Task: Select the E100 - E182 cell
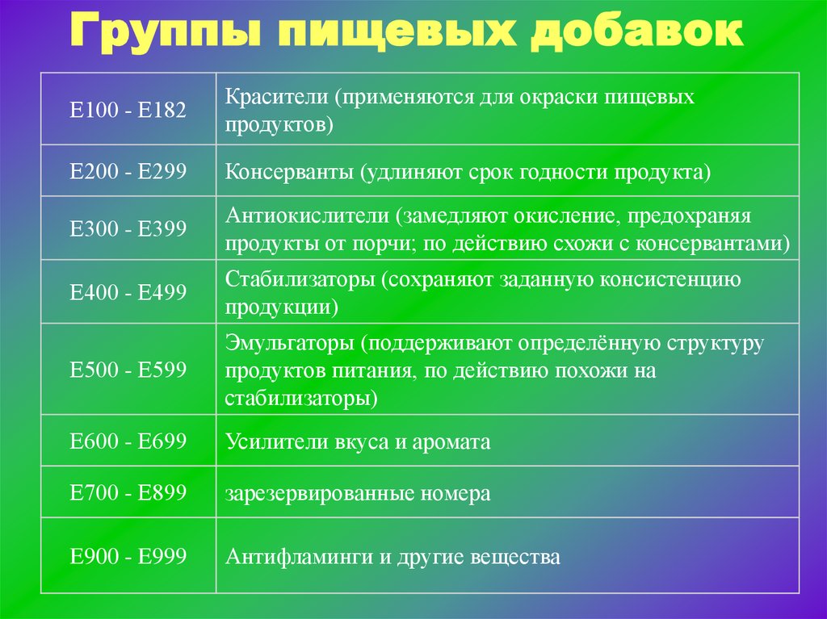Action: pos(128,110)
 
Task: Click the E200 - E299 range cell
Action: pos(128,171)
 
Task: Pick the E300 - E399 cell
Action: pos(128,228)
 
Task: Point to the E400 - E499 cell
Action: pos(128,292)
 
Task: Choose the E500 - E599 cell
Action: pos(128,369)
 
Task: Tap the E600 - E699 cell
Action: pos(128,441)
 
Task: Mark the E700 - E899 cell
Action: pos(128,492)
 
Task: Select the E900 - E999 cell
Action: pos(128,556)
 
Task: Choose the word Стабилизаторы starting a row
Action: pos(300,280)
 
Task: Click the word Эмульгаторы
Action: pos(290,344)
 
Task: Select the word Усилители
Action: pos(277,441)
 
